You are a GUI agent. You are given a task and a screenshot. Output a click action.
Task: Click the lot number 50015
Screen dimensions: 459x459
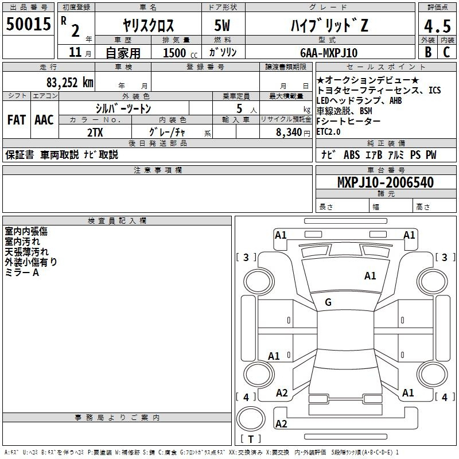(28, 24)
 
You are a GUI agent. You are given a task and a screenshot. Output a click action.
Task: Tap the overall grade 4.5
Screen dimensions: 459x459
(437, 26)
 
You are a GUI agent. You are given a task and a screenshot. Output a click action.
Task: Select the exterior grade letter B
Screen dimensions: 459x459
(428, 52)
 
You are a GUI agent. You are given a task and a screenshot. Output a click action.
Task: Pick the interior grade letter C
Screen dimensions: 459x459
(446, 52)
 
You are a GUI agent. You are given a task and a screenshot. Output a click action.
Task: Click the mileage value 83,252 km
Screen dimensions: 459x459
(69, 83)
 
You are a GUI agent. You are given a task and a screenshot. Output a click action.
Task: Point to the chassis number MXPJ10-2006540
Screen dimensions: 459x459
(386, 182)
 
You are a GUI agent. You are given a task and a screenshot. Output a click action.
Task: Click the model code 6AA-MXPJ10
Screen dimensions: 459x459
(329, 53)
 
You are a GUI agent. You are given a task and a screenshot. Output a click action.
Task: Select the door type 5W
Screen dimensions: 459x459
(222, 25)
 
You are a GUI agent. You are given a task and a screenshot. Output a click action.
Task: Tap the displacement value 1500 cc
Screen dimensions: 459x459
(180, 53)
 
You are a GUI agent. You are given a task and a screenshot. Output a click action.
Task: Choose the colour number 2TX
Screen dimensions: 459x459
(95, 133)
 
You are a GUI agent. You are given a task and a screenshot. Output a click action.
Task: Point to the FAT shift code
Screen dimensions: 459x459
(17, 120)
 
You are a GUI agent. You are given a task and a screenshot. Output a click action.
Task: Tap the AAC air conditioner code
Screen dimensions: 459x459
(44, 120)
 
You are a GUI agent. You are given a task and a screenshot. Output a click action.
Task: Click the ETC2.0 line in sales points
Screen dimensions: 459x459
(328, 132)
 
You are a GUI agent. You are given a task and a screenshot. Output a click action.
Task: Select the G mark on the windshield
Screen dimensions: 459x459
(328, 302)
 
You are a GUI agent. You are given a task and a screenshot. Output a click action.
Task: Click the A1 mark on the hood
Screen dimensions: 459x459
(370, 275)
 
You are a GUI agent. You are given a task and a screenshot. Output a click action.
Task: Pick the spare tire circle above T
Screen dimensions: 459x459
(251, 418)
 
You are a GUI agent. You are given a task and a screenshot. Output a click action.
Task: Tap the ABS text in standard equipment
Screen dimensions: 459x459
(352, 154)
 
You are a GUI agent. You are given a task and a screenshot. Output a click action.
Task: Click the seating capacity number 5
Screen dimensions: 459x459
(239, 108)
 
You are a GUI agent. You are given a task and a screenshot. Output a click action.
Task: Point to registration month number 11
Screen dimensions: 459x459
(75, 52)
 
